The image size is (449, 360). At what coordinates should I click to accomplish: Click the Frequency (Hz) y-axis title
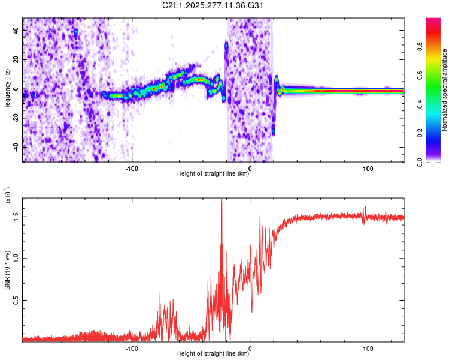click(8, 90)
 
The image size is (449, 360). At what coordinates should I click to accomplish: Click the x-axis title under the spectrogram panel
click(213, 174)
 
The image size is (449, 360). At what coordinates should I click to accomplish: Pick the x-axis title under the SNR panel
click(213, 354)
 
